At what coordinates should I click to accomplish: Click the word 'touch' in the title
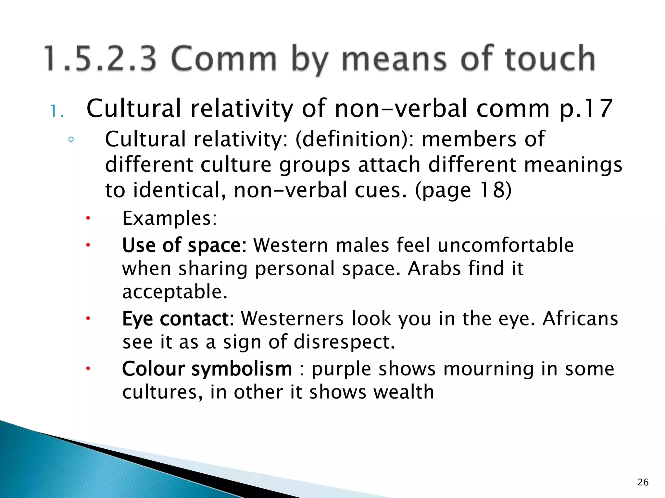(x=550, y=58)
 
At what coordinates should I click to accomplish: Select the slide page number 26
(x=643, y=482)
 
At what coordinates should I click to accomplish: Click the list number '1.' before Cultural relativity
(x=57, y=112)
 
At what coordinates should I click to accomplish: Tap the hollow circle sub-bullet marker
(x=71, y=140)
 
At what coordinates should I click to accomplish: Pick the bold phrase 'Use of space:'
(x=184, y=245)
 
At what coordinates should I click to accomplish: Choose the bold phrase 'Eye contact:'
(x=178, y=319)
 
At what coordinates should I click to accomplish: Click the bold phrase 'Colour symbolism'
(x=207, y=369)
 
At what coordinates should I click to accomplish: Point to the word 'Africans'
(x=580, y=319)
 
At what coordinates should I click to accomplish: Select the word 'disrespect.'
(x=344, y=342)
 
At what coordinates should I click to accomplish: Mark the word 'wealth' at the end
(x=404, y=392)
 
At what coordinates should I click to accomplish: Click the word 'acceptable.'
(x=175, y=292)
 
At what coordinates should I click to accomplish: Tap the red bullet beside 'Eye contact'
(x=87, y=319)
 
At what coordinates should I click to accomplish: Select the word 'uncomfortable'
(x=506, y=245)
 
